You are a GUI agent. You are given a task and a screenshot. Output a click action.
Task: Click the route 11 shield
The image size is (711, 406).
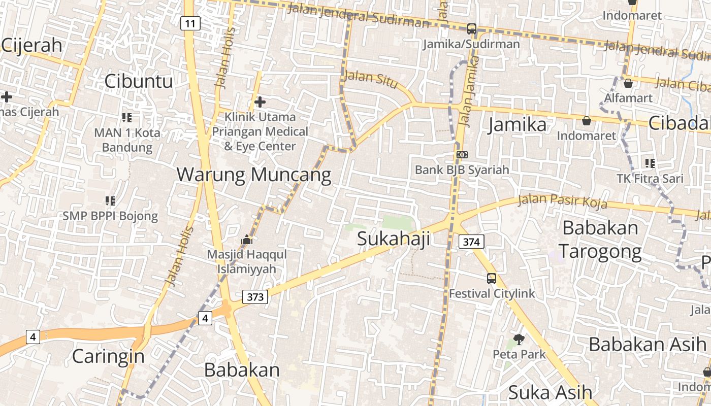(x=190, y=23)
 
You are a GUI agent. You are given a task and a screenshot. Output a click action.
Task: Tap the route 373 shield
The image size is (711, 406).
(x=255, y=297)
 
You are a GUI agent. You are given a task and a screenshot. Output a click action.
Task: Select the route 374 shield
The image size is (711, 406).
(x=471, y=242)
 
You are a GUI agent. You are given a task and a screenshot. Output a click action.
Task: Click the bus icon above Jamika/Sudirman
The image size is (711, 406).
(x=472, y=29)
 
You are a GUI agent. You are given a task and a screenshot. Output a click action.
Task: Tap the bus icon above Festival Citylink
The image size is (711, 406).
(x=491, y=278)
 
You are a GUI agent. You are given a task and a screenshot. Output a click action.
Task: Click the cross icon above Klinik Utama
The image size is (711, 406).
(x=260, y=102)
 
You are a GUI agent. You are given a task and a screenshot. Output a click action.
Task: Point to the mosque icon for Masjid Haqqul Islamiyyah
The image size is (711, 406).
(x=247, y=239)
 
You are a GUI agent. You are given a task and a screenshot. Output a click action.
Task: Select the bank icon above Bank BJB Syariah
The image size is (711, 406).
(x=462, y=154)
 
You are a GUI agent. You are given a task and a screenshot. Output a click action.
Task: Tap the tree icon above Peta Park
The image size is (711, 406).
(x=519, y=339)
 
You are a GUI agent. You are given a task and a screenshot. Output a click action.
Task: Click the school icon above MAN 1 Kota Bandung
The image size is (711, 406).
(x=127, y=118)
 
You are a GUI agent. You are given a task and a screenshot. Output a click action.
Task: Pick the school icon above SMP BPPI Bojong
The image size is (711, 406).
(x=110, y=201)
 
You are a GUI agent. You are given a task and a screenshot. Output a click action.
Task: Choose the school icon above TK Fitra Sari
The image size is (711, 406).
(x=650, y=163)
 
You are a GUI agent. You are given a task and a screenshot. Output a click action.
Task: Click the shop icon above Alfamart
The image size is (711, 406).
(x=628, y=83)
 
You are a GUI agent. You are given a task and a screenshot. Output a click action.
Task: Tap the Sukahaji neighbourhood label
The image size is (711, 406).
(x=394, y=238)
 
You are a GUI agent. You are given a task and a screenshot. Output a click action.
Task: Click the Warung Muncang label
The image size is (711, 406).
(x=254, y=175)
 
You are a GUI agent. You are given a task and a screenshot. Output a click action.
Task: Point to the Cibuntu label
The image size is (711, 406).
(x=139, y=81)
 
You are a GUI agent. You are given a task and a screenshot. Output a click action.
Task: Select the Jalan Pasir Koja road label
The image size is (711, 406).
(x=562, y=201)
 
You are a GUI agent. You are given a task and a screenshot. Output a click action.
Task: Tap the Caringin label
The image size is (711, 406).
(x=108, y=356)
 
